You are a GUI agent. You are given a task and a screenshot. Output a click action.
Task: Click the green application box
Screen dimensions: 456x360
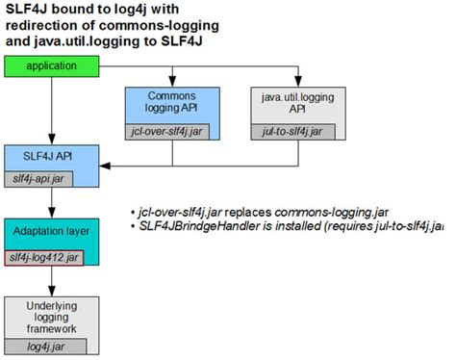[52, 66]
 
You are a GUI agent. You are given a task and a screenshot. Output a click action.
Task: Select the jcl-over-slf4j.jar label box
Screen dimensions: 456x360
[167, 132]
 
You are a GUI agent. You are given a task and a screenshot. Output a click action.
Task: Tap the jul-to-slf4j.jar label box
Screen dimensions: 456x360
[292, 132]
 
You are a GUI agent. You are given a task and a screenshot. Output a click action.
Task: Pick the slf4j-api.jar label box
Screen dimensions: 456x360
[38, 179]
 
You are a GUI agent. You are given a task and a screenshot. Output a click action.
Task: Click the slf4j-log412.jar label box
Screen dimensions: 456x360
[44, 258]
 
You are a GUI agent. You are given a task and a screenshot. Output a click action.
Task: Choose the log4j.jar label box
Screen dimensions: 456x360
[45, 347]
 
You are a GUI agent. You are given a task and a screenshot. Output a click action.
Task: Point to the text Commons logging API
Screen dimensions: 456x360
[171, 102]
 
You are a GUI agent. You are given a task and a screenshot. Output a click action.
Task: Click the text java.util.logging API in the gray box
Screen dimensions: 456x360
[297, 103]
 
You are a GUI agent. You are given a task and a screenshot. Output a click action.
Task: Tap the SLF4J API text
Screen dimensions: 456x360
[47, 156]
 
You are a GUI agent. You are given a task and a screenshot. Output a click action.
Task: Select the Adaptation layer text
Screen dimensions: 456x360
[51, 231]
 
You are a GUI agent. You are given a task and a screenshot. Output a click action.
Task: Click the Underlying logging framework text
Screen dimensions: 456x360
[52, 317]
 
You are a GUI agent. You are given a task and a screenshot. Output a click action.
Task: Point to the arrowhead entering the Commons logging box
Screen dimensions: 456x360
[172, 82]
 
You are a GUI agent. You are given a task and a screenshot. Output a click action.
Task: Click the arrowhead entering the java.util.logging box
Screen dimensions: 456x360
[298, 82]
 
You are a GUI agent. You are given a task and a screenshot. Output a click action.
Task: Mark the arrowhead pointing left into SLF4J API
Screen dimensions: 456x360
[105, 166]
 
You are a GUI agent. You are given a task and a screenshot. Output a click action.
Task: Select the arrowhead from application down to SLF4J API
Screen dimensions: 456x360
[52, 140]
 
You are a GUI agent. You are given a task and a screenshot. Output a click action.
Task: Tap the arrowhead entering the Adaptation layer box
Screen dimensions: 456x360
[52, 213]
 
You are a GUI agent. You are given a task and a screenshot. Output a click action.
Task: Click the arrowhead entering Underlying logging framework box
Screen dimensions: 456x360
[52, 291]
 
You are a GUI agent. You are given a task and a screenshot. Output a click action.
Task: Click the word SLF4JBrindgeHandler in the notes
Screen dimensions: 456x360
[199, 226]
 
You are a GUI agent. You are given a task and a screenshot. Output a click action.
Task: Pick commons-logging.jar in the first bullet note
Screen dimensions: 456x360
[332, 213]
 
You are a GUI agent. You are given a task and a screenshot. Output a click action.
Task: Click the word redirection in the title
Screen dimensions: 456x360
[42, 25]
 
